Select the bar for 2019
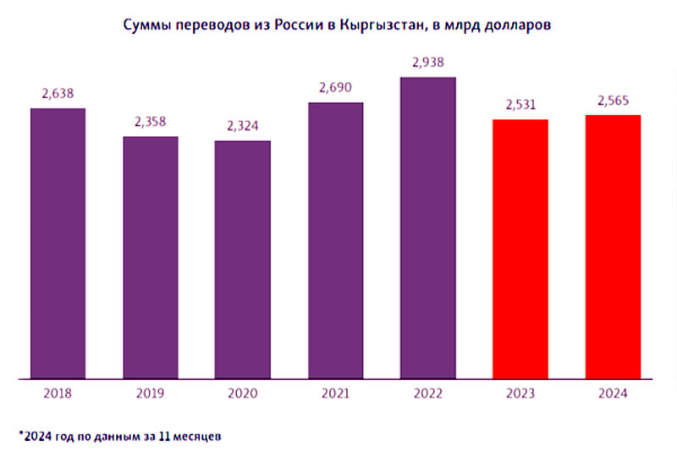[x=151, y=257]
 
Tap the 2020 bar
[x=243, y=260]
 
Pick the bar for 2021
[x=336, y=241]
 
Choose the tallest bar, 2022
[x=428, y=228]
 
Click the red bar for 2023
[x=520, y=250]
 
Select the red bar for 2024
[x=613, y=247]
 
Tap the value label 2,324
[x=243, y=126]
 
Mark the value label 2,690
[x=336, y=87]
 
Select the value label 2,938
[x=428, y=62]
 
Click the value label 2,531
[x=520, y=105]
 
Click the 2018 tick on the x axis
[x=58, y=393]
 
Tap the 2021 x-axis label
[x=336, y=393]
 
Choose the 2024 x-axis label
[x=613, y=393]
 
